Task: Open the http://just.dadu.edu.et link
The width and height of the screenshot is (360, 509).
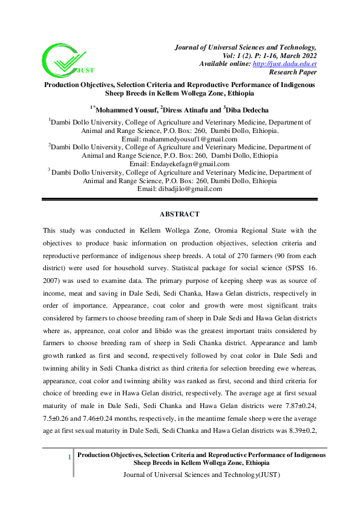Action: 284,63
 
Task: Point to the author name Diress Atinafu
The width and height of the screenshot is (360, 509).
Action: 188,109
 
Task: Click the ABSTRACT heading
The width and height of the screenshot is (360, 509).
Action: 180,214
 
